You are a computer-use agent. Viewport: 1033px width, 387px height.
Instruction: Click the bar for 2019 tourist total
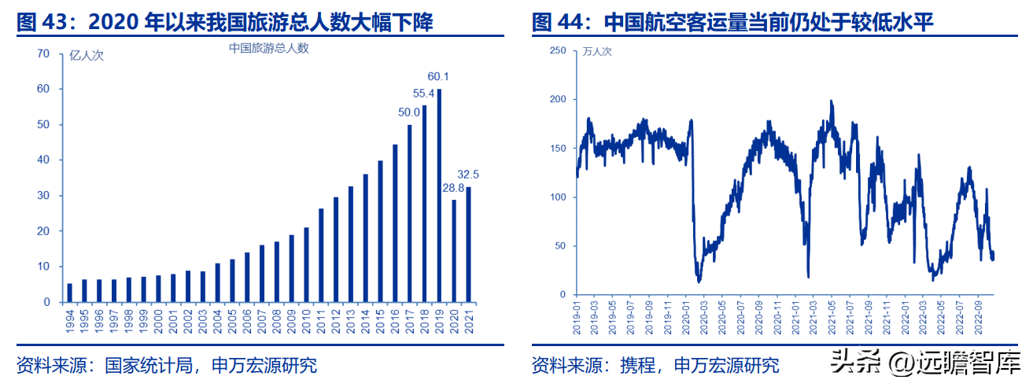click(x=439, y=196)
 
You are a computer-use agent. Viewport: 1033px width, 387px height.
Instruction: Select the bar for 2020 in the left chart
click(x=454, y=251)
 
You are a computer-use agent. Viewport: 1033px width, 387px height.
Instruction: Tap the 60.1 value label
click(x=438, y=77)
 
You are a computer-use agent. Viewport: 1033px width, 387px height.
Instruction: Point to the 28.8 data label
click(x=452, y=189)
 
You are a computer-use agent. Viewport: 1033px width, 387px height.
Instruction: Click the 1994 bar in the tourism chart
click(x=70, y=293)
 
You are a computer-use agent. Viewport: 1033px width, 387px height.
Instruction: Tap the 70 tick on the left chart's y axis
click(x=43, y=53)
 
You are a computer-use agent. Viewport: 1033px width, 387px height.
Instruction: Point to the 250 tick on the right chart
click(x=558, y=50)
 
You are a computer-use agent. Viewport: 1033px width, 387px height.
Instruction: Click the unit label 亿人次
click(x=87, y=55)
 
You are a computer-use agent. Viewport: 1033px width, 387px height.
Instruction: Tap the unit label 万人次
click(x=596, y=52)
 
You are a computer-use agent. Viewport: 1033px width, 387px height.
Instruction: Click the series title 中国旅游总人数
click(x=269, y=48)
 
